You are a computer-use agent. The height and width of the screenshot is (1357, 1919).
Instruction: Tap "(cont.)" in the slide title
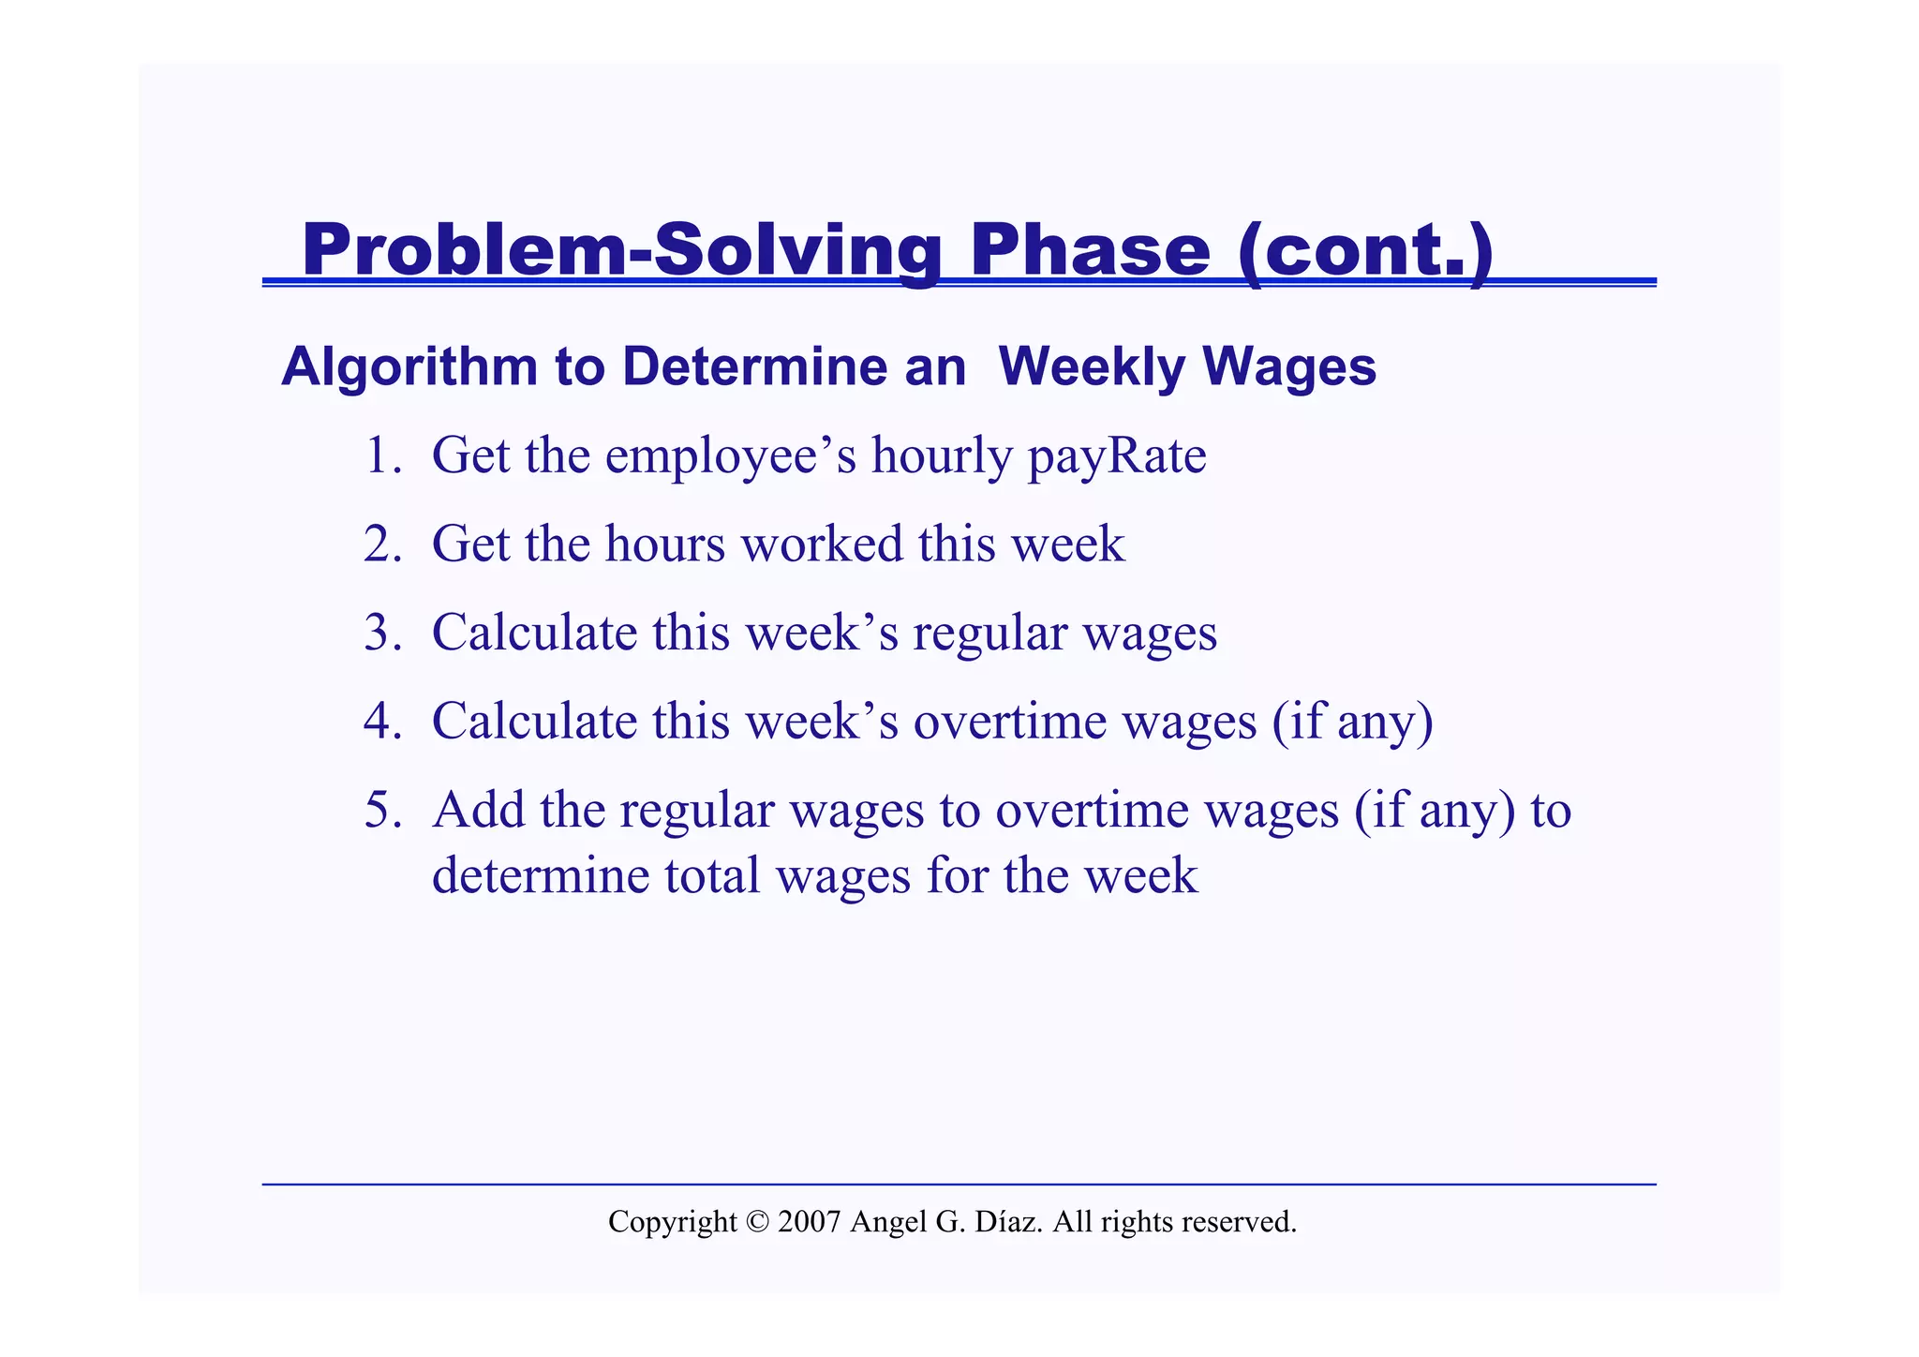tap(1365, 251)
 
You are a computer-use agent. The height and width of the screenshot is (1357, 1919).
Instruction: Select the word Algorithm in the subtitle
tap(409, 366)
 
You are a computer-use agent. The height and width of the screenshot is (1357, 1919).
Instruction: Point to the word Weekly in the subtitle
tap(1093, 366)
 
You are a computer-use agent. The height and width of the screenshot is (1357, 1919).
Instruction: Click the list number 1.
tap(381, 456)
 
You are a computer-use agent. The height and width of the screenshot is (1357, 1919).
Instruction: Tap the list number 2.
tap(381, 544)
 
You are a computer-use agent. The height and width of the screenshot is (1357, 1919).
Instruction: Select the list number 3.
tap(381, 633)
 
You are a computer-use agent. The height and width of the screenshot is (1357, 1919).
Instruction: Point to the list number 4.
tap(381, 722)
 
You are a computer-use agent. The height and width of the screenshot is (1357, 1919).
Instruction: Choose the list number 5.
tap(381, 811)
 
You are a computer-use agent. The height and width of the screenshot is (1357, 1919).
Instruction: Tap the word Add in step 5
tap(478, 810)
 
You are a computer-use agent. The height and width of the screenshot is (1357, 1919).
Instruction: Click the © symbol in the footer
tap(757, 1222)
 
